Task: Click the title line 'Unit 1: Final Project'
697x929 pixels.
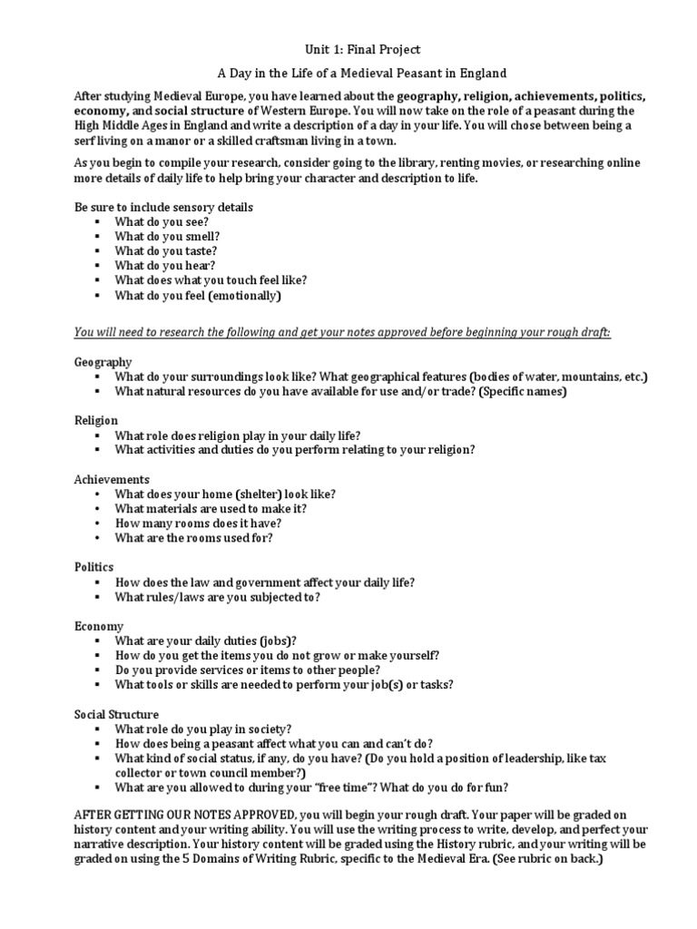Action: click(348, 49)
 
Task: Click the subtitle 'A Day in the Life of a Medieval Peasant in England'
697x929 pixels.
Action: click(348, 73)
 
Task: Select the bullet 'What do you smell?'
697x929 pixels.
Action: click(167, 236)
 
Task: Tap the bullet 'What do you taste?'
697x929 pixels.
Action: click(165, 250)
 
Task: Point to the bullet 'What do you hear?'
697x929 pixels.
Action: click(164, 266)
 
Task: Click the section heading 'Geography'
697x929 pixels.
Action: click(103, 362)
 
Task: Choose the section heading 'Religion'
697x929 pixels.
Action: click(97, 421)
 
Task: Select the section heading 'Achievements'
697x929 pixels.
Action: click(112, 479)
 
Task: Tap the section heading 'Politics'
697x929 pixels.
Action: click(95, 567)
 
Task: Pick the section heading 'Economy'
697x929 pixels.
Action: click(99, 626)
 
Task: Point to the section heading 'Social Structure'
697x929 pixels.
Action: click(116, 714)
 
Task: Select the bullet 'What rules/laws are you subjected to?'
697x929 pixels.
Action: click(217, 597)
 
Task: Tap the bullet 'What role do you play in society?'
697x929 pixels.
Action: click(203, 729)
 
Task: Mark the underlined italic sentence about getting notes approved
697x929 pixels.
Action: click(342, 333)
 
